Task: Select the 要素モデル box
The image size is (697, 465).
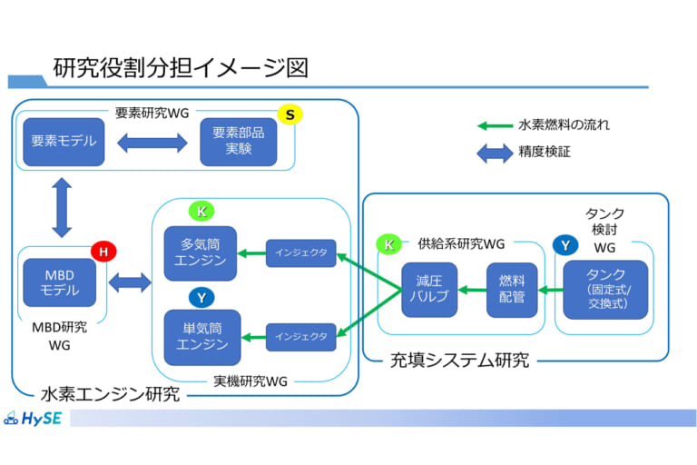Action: pyautogui.click(x=63, y=142)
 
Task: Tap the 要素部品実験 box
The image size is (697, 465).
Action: pyautogui.click(x=239, y=142)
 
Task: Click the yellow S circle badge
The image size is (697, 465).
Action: pyautogui.click(x=290, y=114)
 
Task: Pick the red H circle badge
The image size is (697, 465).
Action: pyautogui.click(x=103, y=252)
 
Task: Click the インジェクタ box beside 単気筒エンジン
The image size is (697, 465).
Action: pyautogui.click(x=300, y=337)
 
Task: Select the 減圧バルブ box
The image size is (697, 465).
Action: pyautogui.click(x=428, y=290)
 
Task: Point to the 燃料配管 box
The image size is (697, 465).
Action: pyautogui.click(x=512, y=290)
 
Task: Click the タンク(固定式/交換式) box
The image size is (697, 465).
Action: pyautogui.click(x=605, y=290)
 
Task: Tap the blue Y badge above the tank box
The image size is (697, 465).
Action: pyautogui.click(x=564, y=245)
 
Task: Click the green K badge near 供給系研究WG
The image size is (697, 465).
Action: pyautogui.click(x=389, y=243)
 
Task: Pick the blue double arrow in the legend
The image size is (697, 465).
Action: pyautogui.click(x=495, y=153)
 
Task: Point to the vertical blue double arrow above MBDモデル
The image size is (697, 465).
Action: pyautogui.click(x=62, y=207)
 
